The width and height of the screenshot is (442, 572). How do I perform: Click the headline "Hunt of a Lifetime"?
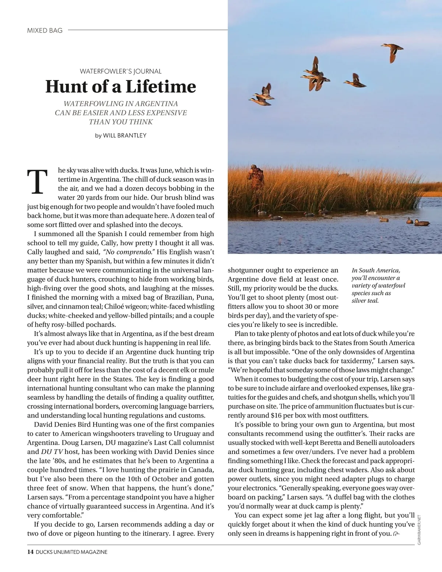(x=120, y=87)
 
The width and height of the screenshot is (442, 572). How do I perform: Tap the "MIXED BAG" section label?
(x=45, y=31)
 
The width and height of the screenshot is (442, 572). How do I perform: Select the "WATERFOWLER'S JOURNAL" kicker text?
(x=120, y=71)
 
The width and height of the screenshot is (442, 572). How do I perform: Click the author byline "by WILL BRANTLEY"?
(x=120, y=135)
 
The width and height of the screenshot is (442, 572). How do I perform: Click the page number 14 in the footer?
(x=30, y=552)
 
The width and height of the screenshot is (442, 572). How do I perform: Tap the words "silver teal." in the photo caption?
(x=365, y=301)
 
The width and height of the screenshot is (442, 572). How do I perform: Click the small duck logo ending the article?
(x=396, y=534)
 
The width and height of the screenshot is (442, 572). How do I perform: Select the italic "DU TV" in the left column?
(x=45, y=452)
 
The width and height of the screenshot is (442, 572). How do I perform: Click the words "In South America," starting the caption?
(x=376, y=270)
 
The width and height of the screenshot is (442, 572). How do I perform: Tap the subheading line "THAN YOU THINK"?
(x=120, y=122)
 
